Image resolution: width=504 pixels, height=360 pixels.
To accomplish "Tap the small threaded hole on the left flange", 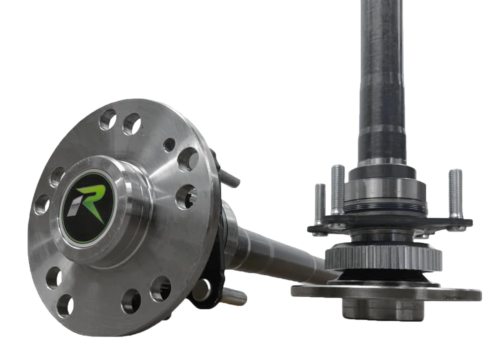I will point(169,145).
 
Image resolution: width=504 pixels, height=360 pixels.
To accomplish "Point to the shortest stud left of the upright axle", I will point(320,202).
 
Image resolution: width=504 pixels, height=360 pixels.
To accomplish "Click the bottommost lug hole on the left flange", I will point(65,306).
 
